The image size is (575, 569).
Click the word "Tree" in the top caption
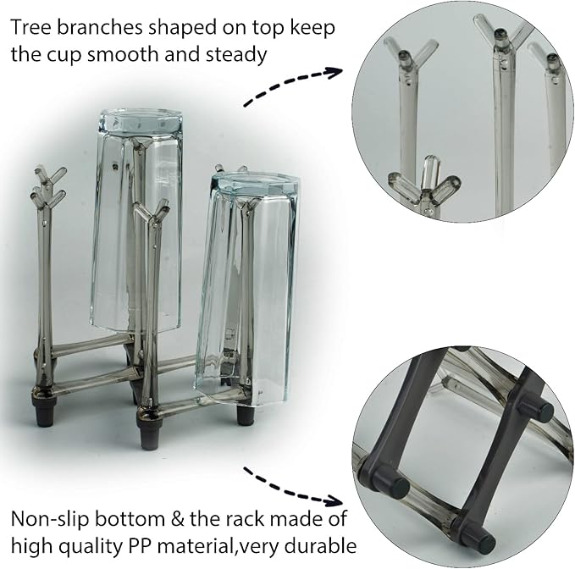click(30, 27)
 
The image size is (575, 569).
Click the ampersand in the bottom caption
click(176, 519)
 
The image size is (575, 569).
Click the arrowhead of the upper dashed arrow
click(335, 72)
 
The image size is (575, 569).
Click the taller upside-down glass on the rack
click(136, 220)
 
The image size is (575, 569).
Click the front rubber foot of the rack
click(148, 435)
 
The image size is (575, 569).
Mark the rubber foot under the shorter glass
click(245, 413)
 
